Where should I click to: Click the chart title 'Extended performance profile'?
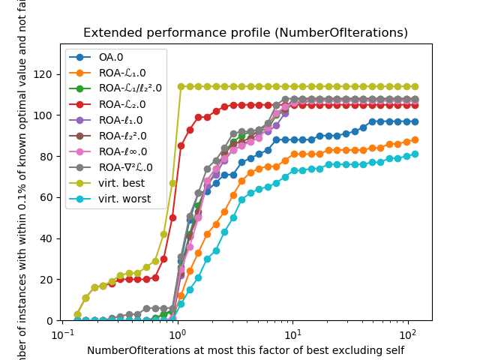(x=245, y=33)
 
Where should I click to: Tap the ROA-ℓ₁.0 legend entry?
(x=118, y=120)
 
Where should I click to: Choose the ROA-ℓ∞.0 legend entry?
(x=119, y=151)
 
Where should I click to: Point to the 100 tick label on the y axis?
(x=44, y=115)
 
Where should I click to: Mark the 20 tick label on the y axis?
(x=47, y=280)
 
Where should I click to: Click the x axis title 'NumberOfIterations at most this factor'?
(x=245, y=350)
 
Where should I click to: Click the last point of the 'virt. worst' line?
(x=415, y=154)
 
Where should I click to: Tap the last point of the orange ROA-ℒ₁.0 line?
(x=415, y=140)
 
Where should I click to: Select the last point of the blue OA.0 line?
(x=415, y=121)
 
